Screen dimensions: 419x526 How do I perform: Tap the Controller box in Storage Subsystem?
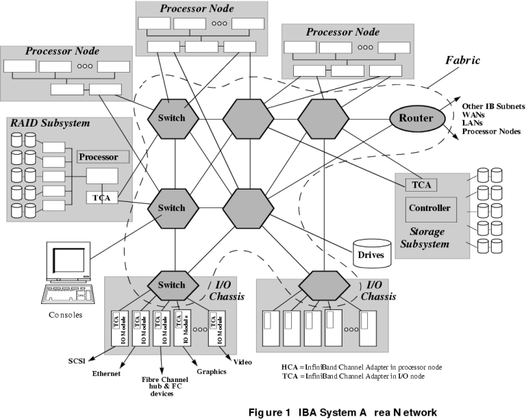click(429, 208)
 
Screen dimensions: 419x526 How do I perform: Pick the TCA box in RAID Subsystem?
click(101, 199)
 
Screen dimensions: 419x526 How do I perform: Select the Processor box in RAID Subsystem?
click(103, 156)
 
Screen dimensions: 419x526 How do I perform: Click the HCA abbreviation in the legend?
click(290, 367)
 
